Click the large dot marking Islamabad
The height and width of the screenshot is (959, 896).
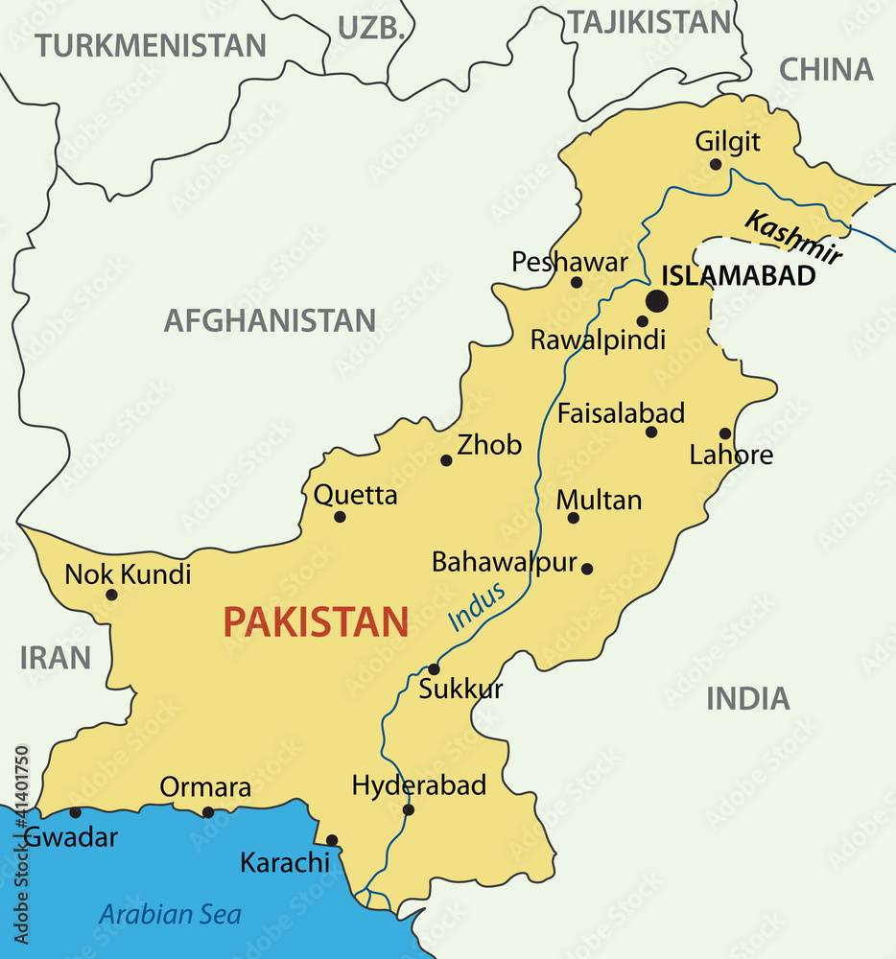pos(656,301)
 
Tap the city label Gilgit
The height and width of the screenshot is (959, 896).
pos(727,142)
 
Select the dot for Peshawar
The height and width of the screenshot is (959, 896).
pos(577,282)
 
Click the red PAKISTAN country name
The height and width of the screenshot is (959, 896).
pos(316,622)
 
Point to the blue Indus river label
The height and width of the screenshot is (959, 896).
pos(477,608)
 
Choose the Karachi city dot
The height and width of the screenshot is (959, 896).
pos(332,840)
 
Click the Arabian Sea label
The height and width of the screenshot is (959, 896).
pos(170,914)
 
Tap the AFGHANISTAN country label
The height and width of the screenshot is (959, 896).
pos(270,320)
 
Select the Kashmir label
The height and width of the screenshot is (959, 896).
pos(793,238)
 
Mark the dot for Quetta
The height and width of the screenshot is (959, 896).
pos(340,517)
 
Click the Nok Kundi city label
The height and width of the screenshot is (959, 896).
pos(128,574)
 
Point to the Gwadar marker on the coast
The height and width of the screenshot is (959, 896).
pos(75,812)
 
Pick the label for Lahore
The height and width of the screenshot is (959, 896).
pos(731,455)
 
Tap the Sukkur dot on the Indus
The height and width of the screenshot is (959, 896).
pos(434,669)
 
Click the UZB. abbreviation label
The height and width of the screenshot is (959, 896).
pos(369,28)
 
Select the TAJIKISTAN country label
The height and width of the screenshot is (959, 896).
pos(649,21)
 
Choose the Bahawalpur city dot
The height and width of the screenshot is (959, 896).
pos(587,569)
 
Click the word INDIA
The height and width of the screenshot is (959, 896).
pos(748,699)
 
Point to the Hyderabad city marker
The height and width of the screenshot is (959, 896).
pos(409,810)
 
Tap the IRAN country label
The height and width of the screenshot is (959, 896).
pos(56,658)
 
